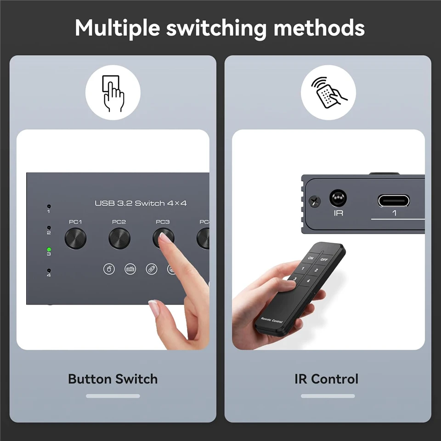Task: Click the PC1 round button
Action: click(x=75, y=238)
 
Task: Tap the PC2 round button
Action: click(x=119, y=238)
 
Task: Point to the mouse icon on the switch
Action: click(x=109, y=269)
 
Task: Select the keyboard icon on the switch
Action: click(x=130, y=269)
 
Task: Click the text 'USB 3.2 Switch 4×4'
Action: click(x=141, y=203)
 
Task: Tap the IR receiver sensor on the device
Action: click(x=338, y=198)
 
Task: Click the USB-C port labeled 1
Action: click(x=394, y=201)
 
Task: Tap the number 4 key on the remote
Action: click(x=309, y=281)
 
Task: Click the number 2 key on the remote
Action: click(x=316, y=270)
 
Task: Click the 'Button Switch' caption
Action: click(x=113, y=379)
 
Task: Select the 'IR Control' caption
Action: click(x=327, y=379)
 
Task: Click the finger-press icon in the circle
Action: click(x=113, y=93)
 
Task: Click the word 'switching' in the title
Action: click(x=216, y=28)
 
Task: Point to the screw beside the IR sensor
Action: click(x=315, y=201)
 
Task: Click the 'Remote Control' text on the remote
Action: click(x=272, y=320)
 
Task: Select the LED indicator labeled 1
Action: click(x=49, y=207)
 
